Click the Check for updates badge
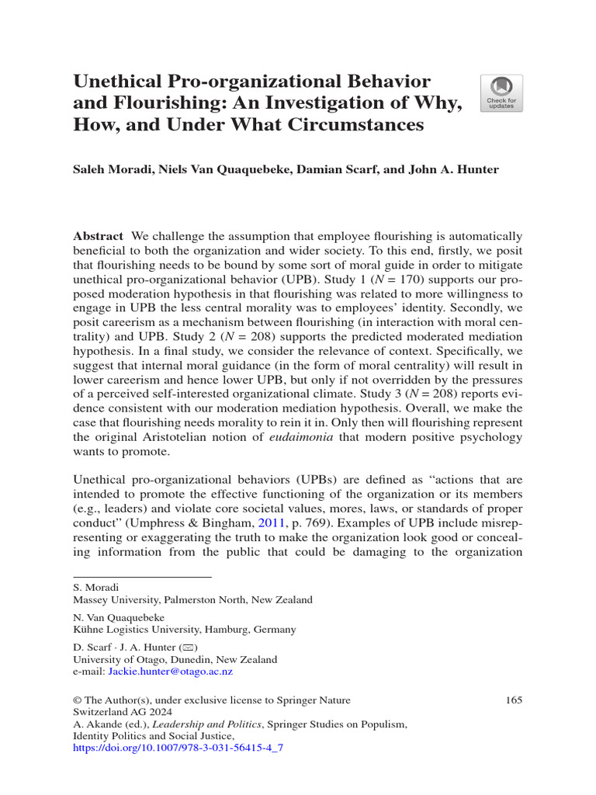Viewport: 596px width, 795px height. [501, 94]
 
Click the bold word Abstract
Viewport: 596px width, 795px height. [98, 236]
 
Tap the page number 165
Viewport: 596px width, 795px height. [513, 700]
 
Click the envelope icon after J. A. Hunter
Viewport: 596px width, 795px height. [189, 647]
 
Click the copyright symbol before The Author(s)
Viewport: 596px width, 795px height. [77, 700]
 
